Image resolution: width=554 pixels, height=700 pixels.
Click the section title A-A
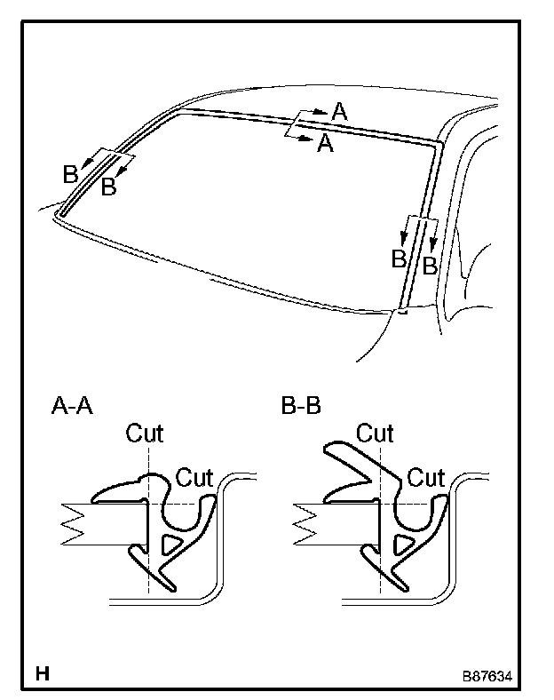(x=72, y=408)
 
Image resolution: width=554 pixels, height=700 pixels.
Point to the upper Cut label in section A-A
(x=145, y=434)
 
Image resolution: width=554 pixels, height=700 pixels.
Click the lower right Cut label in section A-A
(x=194, y=476)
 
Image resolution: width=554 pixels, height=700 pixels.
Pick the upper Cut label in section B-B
(x=375, y=434)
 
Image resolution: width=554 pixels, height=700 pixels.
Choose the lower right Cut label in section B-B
(x=425, y=477)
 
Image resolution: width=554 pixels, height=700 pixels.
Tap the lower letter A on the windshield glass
(x=325, y=144)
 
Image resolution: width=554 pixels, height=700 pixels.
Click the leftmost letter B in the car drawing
(x=69, y=175)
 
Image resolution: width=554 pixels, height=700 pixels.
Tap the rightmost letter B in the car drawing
(x=429, y=265)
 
